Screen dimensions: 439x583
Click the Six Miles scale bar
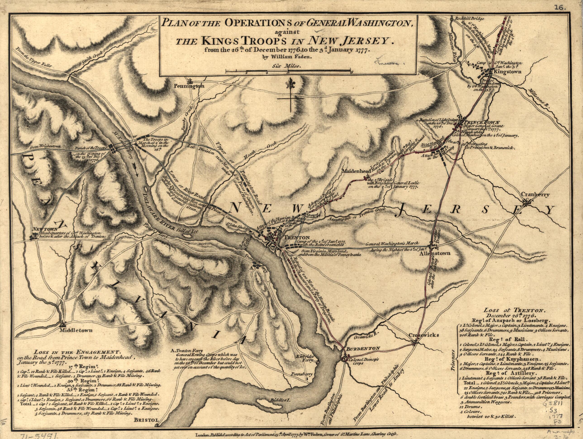coord(288,70)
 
